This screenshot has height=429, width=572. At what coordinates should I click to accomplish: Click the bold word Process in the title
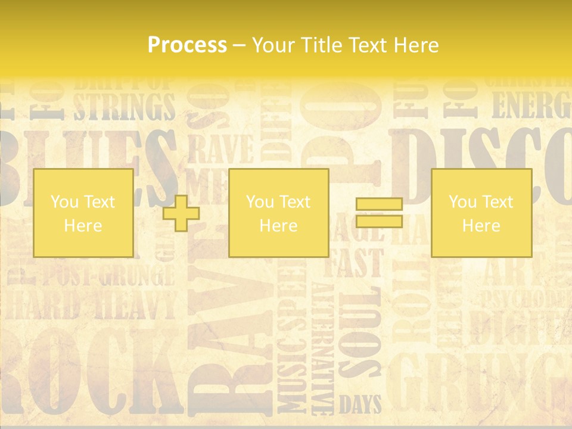(x=187, y=45)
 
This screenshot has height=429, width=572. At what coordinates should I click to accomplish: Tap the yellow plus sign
(x=181, y=213)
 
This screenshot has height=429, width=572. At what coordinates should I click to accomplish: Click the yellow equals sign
(x=379, y=213)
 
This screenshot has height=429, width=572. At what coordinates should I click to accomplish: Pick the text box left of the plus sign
(x=83, y=213)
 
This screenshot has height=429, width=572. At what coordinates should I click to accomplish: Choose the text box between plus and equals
(x=278, y=213)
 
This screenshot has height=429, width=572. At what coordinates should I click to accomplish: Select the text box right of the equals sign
(x=481, y=213)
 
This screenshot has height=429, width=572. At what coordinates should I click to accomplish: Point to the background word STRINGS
(x=124, y=107)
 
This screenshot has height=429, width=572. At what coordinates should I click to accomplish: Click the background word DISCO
(x=477, y=164)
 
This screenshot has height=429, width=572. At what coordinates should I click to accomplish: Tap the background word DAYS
(x=360, y=405)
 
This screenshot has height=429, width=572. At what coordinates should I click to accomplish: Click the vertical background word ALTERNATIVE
(x=323, y=349)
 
